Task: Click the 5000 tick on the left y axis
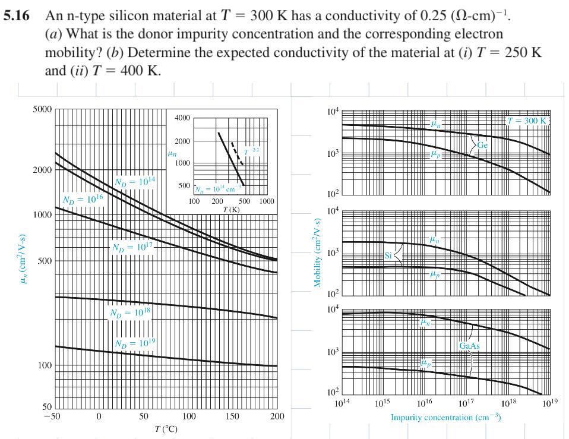click(43, 110)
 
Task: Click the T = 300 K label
click(526, 121)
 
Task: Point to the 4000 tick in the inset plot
click(182, 119)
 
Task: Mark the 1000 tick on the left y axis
click(43, 214)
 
